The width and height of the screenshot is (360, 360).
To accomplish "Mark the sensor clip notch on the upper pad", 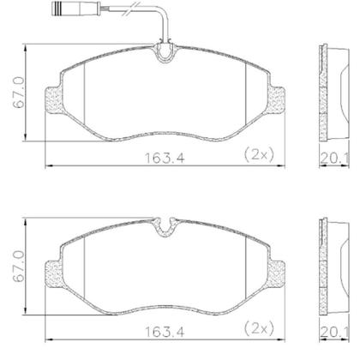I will (x=166, y=55).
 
